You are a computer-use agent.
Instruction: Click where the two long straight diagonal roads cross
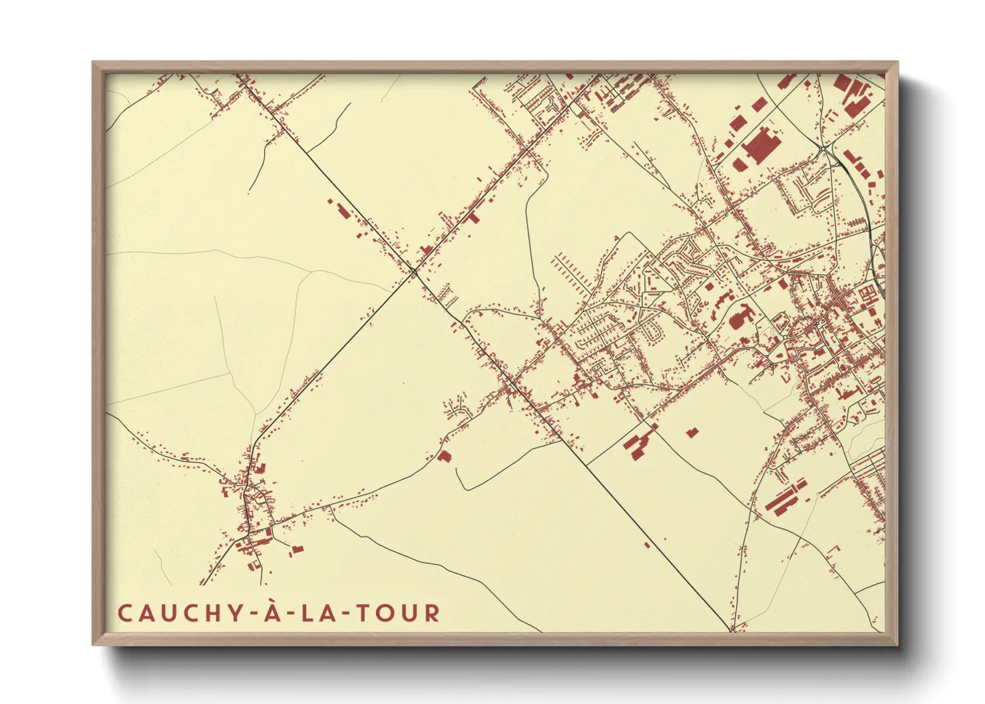[x=414, y=269]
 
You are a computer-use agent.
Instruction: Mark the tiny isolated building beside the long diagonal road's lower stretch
[x=647, y=545]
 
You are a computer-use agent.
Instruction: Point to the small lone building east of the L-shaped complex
[x=692, y=433]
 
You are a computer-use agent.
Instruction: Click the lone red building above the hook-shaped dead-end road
[x=444, y=456]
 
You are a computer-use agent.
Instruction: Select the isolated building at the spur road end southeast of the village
[x=296, y=549]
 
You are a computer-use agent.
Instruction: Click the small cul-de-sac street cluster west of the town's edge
[x=458, y=407]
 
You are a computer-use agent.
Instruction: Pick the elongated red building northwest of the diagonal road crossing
[x=342, y=211]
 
